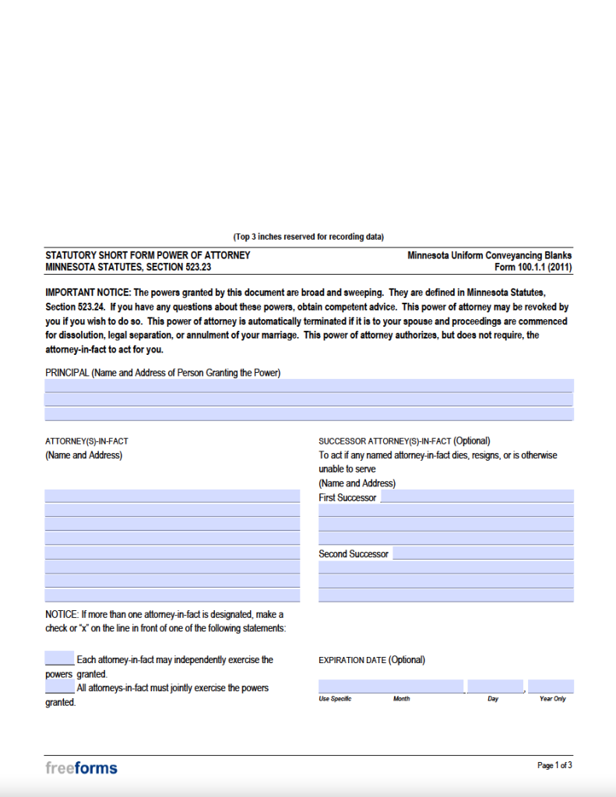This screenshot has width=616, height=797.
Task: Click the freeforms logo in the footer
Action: (x=81, y=768)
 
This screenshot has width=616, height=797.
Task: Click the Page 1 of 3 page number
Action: (x=554, y=766)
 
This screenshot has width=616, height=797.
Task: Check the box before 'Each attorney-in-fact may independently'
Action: (x=59, y=658)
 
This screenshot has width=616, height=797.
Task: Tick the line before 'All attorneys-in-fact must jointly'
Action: (x=59, y=687)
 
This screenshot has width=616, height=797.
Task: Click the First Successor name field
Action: (x=476, y=497)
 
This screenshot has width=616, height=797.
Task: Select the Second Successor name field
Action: (x=482, y=553)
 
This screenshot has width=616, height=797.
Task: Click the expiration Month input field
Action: (x=391, y=686)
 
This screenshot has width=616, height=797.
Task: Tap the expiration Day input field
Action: (x=495, y=686)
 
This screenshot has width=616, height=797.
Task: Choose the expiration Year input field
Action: (x=551, y=686)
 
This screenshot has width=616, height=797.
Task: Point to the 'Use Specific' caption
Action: (x=335, y=699)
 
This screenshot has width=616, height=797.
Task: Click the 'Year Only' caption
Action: (x=552, y=699)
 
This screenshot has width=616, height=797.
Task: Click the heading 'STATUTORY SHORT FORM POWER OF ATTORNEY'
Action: (x=148, y=255)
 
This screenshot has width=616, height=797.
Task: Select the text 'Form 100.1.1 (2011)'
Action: (x=533, y=267)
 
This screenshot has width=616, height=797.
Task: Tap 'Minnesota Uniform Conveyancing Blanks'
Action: (x=489, y=255)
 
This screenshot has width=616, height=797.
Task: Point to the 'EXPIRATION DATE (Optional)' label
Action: (x=371, y=660)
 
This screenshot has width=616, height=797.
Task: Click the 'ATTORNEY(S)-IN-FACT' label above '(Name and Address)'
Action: (x=86, y=441)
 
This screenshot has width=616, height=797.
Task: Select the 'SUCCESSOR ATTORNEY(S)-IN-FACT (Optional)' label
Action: (x=404, y=441)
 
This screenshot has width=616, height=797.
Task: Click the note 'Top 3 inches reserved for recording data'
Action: (x=308, y=237)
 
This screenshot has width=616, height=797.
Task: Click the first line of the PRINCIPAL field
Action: (x=308, y=385)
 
